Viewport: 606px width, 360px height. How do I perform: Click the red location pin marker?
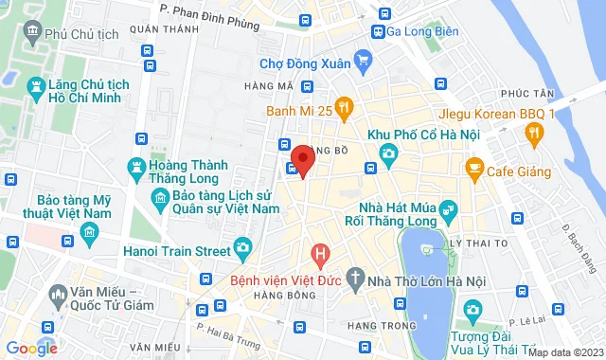302,159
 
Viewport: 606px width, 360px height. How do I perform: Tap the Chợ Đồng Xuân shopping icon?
364,63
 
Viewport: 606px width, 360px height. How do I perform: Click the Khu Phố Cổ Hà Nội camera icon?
386,153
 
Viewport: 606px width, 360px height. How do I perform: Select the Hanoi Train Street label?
177,250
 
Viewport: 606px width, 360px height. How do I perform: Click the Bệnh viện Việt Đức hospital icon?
321,253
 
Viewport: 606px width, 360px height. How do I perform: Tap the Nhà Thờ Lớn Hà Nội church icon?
355,279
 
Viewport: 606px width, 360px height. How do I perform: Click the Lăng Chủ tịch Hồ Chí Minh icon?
36,89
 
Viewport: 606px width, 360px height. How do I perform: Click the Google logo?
31,348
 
